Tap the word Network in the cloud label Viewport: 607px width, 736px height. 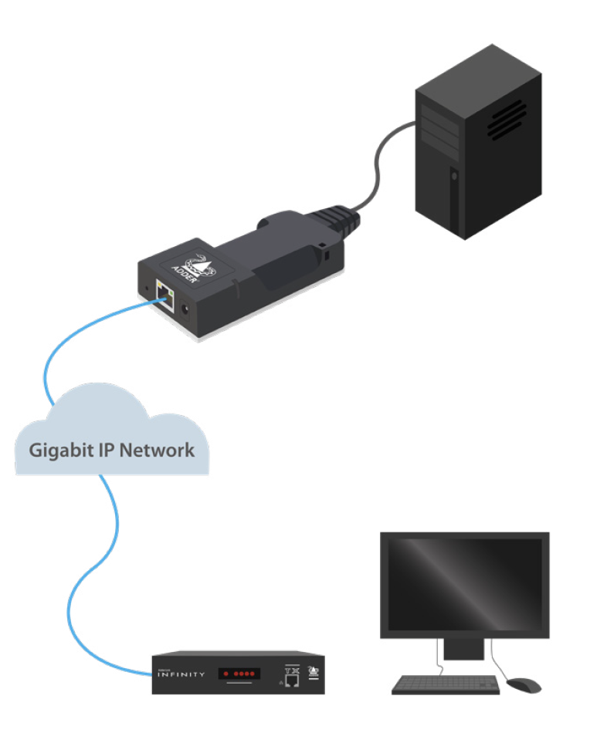158,449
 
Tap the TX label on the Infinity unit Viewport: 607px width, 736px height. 291,667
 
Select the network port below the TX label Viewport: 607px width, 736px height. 292,680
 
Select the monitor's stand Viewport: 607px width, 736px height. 464,653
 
